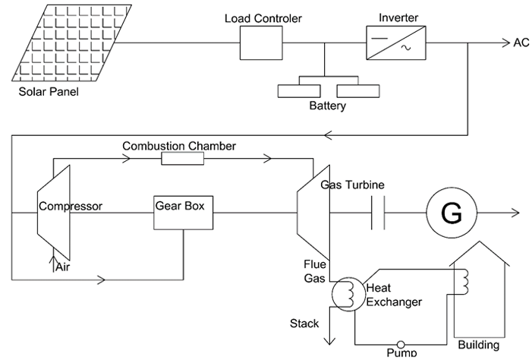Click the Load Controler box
260,42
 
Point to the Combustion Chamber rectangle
182,158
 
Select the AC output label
521,43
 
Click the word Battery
327,106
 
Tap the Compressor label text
70,206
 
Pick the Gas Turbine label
352,185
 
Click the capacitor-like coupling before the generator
379,213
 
